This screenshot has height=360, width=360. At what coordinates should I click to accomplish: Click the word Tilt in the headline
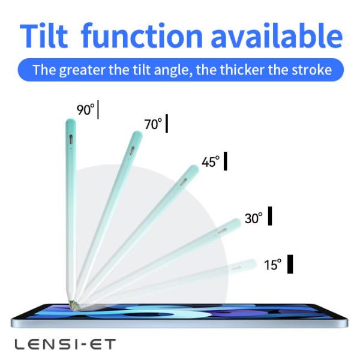tap(44, 35)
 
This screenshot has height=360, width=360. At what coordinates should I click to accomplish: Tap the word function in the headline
tap(142, 35)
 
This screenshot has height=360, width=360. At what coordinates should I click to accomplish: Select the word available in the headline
tap(277, 35)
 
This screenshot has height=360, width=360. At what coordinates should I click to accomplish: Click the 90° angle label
tap(85, 109)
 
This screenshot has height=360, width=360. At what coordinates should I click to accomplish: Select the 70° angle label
tap(153, 124)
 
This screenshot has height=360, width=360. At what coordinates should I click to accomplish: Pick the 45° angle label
tap(211, 161)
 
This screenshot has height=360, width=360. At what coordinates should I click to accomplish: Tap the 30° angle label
tap(253, 218)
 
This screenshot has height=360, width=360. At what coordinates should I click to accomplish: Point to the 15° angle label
tap(272, 265)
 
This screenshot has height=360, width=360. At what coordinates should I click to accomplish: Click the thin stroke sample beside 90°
tap(98, 110)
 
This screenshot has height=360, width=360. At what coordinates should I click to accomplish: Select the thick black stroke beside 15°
tap(290, 264)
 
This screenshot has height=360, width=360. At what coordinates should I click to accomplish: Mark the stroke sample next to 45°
tap(226, 161)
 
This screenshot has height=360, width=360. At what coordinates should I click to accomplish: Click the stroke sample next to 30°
tap(270, 216)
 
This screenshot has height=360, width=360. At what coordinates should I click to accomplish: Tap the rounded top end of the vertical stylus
tap(71, 122)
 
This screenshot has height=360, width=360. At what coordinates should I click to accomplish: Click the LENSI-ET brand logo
tap(65, 344)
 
